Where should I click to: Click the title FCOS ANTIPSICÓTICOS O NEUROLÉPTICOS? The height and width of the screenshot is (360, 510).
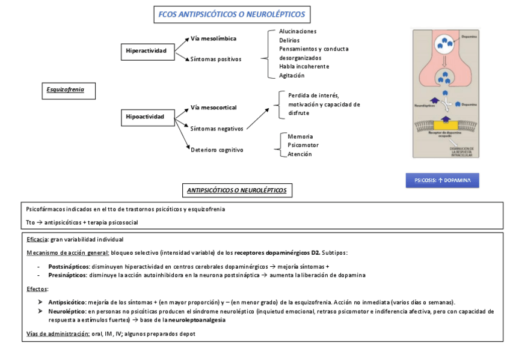[x=232, y=14]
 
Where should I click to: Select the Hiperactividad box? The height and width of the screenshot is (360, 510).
[x=146, y=50]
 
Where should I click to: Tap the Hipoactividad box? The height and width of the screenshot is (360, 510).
[x=145, y=117]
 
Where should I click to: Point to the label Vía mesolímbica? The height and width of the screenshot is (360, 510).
[x=214, y=38]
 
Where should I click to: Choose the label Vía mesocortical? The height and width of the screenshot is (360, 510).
[x=214, y=108]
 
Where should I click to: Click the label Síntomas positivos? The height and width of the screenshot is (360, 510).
[x=216, y=59]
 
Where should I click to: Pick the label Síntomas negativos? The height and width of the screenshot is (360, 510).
[x=217, y=128]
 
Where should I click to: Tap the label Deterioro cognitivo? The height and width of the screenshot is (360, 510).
[x=217, y=150]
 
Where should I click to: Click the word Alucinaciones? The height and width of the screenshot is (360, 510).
[x=298, y=31]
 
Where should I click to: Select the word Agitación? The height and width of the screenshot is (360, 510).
[x=292, y=76]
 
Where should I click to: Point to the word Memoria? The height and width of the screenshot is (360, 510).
[x=300, y=136]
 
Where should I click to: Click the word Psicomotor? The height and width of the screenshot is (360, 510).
[x=303, y=145]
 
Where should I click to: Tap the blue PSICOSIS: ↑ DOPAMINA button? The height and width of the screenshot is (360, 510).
[x=442, y=180]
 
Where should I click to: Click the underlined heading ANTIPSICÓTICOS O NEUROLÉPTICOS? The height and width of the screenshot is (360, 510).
[x=237, y=191]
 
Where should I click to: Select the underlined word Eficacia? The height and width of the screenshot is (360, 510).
[x=38, y=240]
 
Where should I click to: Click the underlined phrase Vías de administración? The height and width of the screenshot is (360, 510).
[x=58, y=334]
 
